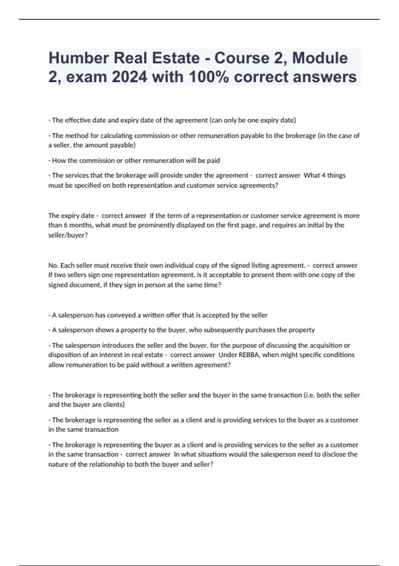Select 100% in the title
(x=209, y=77)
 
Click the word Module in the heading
(x=320, y=58)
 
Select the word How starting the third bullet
(x=59, y=160)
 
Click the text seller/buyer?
(x=68, y=235)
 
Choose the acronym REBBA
(x=249, y=355)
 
